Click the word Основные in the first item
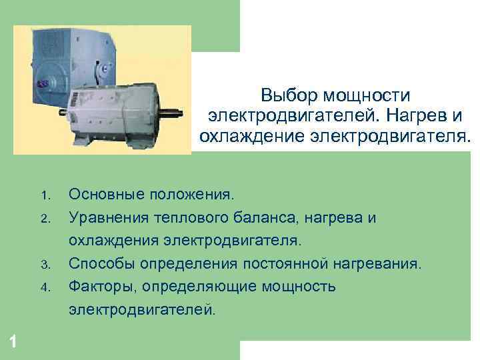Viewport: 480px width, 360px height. click(x=102, y=195)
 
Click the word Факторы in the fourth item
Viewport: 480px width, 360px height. click(x=99, y=287)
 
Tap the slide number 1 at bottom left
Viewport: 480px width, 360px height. click(x=13, y=342)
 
